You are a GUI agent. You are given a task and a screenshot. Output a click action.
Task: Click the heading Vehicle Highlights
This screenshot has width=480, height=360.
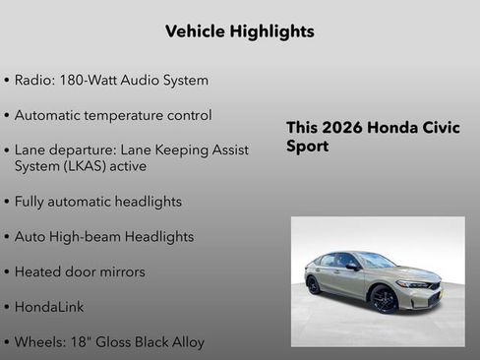click(240, 31)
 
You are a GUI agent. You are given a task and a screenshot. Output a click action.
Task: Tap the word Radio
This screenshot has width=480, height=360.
click(33, 80)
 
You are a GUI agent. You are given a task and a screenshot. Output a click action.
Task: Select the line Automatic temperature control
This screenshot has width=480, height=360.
click(113, 115)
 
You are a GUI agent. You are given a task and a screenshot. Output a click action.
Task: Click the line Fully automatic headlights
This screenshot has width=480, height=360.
click(98, 202)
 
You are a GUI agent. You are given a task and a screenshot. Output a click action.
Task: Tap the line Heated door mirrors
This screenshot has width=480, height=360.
click(80, 271)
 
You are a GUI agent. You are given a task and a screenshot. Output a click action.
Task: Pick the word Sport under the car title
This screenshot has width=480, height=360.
click(307, 147)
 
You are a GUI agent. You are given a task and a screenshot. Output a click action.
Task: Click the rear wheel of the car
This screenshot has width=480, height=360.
click(314, 284)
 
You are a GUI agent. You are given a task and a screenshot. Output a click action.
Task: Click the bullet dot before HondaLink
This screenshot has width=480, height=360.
click(7, 308)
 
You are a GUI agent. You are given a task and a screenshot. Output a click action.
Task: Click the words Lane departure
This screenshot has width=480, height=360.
click(60, 150)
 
